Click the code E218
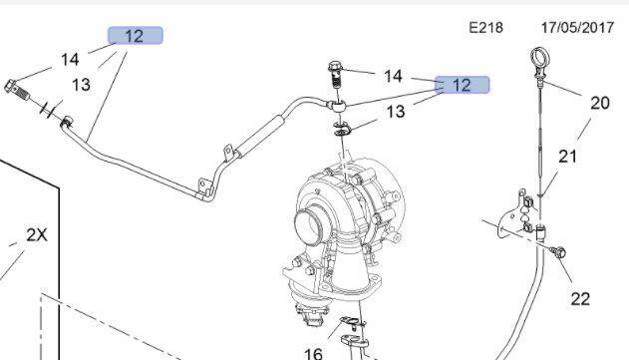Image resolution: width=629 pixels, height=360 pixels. [485, 28]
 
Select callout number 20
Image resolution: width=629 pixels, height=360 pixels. [599, 102]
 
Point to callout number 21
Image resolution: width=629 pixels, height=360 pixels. [567, 156]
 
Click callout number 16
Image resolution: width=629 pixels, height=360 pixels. [313, 352]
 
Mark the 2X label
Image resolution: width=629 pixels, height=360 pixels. [37, 235]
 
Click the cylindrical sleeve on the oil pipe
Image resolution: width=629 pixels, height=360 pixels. [264, 129]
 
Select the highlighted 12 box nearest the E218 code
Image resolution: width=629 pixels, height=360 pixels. [461, 85]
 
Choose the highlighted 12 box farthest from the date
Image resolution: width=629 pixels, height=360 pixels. [134, 36]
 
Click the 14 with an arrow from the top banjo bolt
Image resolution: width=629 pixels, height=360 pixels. [393, 76]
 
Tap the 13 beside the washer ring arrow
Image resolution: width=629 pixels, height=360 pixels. [396, 112]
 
